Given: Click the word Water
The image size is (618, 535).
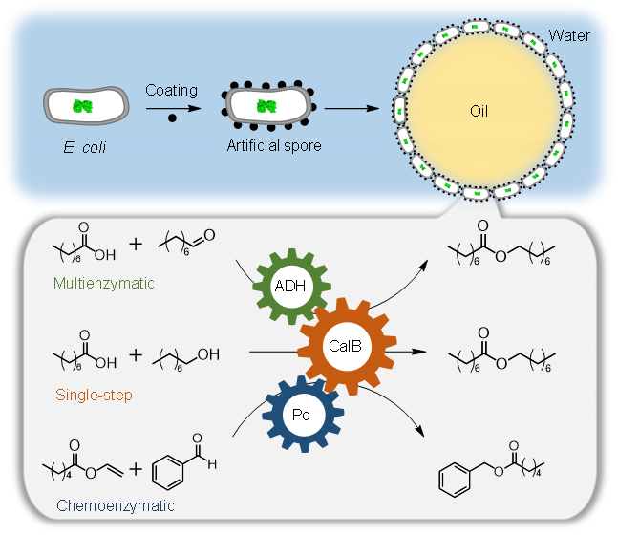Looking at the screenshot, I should (569, 37).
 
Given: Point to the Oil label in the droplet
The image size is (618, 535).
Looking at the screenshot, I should (479, 111).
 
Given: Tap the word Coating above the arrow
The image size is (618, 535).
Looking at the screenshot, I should (171, 90).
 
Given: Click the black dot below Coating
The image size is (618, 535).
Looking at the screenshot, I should (172, 118).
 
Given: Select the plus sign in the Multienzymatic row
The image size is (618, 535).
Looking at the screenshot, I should (135, 244).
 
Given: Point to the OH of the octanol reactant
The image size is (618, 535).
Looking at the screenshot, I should (208, 354).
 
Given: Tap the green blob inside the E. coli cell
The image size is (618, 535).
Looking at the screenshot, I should (84, 106).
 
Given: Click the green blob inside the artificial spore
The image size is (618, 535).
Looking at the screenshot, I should (266, 106).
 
